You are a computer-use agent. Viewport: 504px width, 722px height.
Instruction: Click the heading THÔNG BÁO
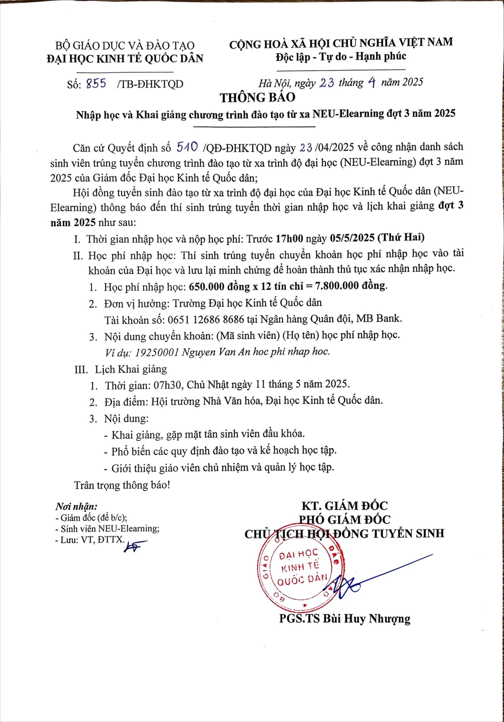tap(257, 98)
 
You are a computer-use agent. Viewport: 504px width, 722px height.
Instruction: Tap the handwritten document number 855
tap(96, 83)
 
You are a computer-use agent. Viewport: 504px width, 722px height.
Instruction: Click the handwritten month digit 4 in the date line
tap(372, 83)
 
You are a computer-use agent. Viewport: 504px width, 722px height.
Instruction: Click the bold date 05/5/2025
tap(352, 238)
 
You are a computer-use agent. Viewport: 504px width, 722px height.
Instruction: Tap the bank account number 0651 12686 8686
tap(206, 319)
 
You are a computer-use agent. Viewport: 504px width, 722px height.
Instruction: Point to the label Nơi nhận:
tap(76, 507)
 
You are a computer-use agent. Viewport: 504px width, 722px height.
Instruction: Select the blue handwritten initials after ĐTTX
tap(134, 547)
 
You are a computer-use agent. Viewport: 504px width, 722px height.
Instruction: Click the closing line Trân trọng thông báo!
tap(122, 485)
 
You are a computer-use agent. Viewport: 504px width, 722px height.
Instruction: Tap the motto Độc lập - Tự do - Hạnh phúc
tap(341, 57)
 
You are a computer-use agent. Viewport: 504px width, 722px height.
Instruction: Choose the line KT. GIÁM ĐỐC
tap(345, 505)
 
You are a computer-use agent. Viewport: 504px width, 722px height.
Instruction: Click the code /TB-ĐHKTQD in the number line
tap(150, 84)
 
